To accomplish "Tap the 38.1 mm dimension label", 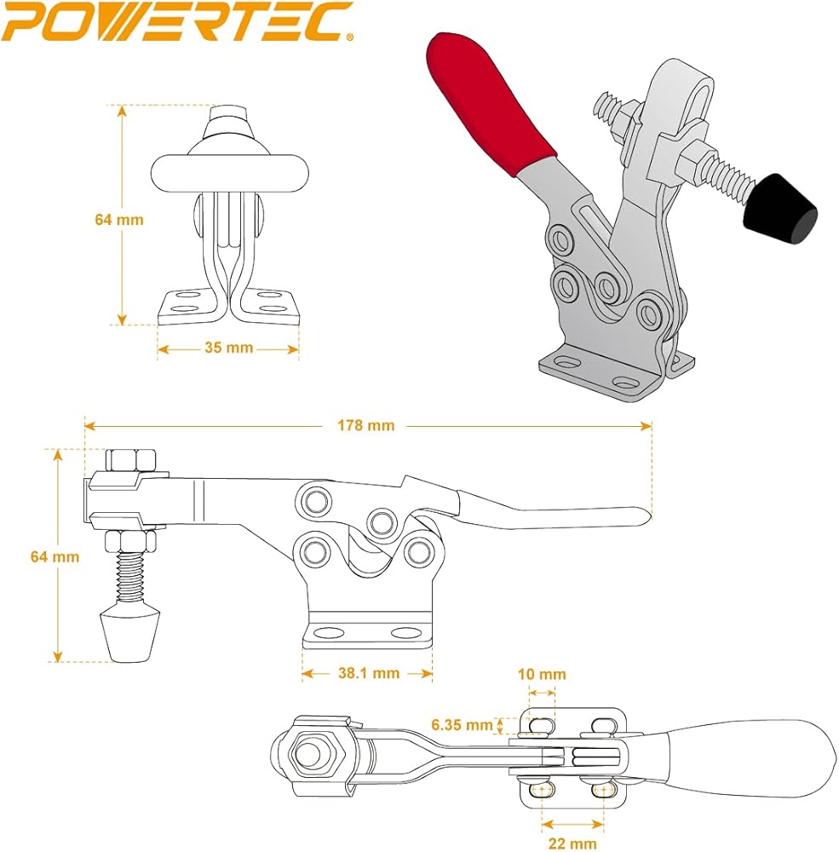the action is coord(368,673).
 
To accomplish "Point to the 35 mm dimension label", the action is coord(228,348).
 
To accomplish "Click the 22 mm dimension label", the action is coord(572,843).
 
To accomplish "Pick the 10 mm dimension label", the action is coord(543,674).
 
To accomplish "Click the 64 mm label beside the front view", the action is coord(119,219).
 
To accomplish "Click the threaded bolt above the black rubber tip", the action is coord(716,176).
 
